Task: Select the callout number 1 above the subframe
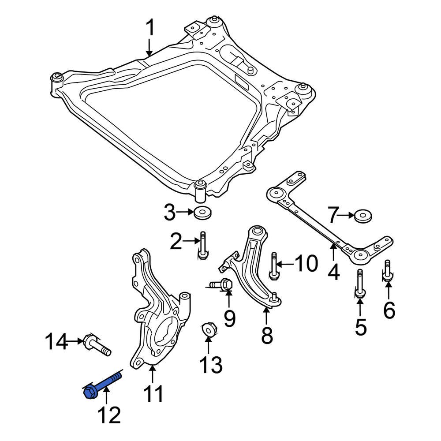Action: point(150,29)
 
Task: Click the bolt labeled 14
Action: point(97,346)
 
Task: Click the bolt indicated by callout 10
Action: point(273,266)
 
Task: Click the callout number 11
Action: point(152,393)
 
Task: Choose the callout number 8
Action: point(266,335)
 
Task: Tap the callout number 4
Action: point(333,272)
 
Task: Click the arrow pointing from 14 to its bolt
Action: point(74,341)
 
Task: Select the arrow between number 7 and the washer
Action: point(347,216)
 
